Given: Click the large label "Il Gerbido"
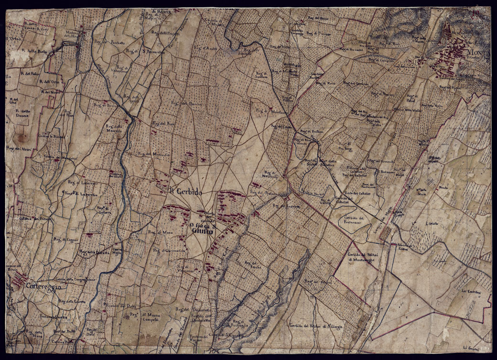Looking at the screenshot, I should point(186,191).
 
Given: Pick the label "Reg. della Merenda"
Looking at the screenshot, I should point(114,129).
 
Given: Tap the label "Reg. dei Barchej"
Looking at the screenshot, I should point(184,103).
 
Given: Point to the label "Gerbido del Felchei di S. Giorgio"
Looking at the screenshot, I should point(317,326).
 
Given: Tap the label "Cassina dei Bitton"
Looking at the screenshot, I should point(35,219).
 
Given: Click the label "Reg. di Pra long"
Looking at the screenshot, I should point(345,145).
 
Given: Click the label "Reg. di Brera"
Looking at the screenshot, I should point(111,104).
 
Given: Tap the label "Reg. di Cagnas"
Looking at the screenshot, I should point(65,239).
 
